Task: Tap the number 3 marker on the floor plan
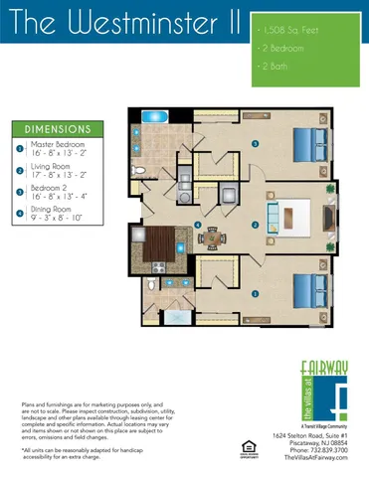pyautogui.click(x=256, y=145)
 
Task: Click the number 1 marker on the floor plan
pyautogui.click(x=256, y=294)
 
